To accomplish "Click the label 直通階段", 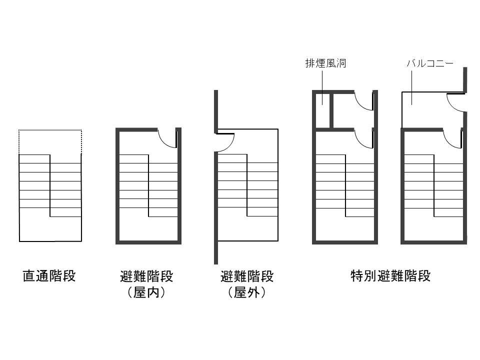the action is click(49, 275).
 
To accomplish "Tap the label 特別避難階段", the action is click(390, 275).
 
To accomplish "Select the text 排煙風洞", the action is click(325, 63).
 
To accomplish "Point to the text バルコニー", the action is click(430, 63).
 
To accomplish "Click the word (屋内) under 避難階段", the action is click(146, 292).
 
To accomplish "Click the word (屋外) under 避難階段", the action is click(246, 292).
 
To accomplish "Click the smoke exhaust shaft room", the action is click(322, 110).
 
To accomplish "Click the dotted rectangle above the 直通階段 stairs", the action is click(50, 130).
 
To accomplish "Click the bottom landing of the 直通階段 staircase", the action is click(50, 229).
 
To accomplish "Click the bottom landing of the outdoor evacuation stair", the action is click(248, 228).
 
